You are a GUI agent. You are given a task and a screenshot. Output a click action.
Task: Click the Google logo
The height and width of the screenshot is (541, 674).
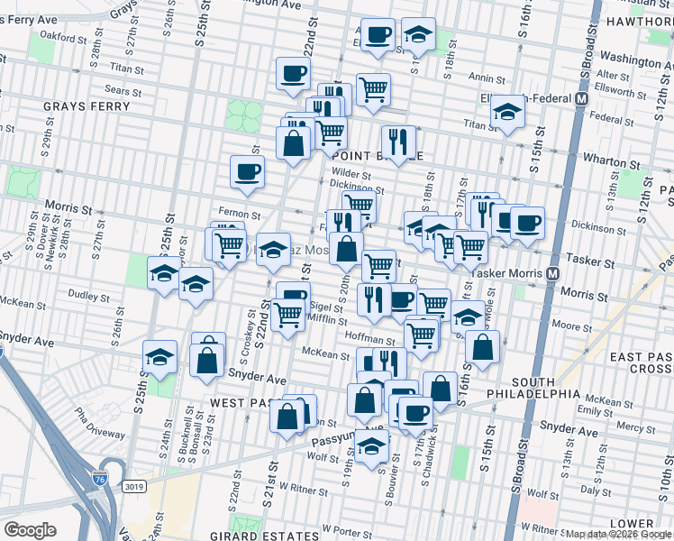click(30, 530)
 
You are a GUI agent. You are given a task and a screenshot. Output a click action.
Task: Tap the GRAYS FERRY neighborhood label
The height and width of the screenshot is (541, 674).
click(87, 106)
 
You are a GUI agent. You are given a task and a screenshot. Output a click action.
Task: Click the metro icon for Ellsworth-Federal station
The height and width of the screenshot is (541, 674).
click(582, 98)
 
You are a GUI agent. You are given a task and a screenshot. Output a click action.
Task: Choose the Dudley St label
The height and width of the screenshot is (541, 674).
click(89, 295)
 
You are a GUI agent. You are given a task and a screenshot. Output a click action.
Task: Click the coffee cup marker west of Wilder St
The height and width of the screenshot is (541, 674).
click(247, 170)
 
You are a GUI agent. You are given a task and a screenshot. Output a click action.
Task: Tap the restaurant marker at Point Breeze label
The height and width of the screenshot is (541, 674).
click(396, 141)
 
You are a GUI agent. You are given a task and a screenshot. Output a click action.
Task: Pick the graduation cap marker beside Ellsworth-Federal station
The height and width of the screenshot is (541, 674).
click(508, 113)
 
